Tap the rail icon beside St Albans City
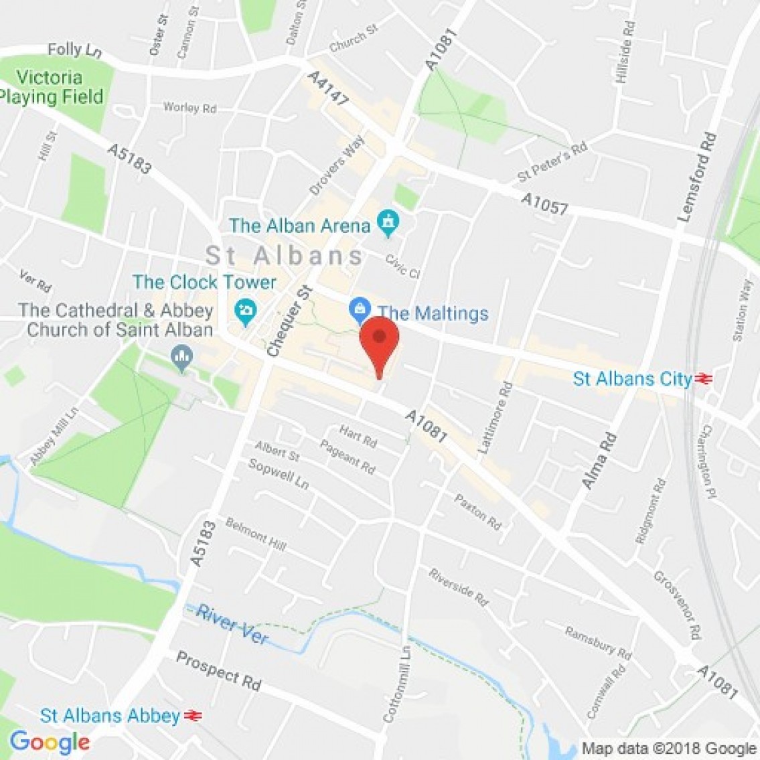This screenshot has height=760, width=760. pos(703,379)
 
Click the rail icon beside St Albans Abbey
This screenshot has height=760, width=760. pos(192,716)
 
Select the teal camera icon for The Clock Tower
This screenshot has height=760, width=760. pos(246,310)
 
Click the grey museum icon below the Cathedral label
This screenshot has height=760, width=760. pos(181,357)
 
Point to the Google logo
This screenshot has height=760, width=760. pos(50,742)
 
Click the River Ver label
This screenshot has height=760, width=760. pos(232,625)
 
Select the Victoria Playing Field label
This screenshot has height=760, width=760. pos(51,87)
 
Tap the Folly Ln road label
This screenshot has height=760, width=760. pos(74,50)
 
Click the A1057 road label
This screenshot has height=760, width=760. pos(545,204)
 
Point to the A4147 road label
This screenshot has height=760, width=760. pos(328,88)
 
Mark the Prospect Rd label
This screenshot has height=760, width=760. pos(218,670)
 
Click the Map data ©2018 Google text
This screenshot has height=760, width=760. pos(669,748)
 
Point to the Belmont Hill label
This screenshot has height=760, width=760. pos(256,534)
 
